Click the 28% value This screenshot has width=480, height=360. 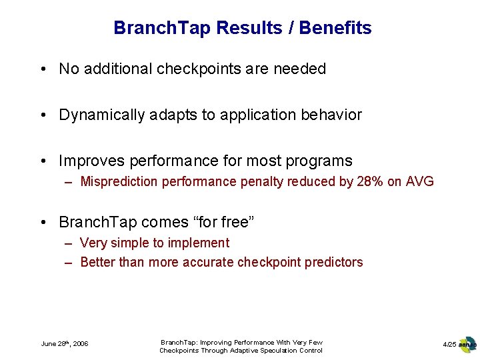tap(370, 181)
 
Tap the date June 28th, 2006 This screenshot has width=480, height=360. tap(65, 344)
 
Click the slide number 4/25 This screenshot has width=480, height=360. tap(449, 344)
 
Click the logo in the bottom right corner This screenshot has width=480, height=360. tap(468, 344)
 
